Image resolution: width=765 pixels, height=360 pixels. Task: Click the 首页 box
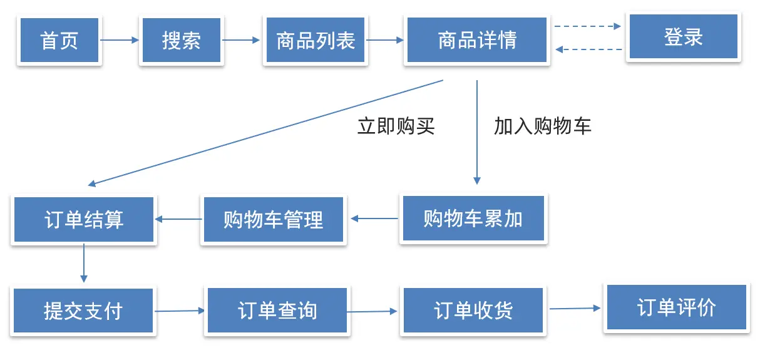point(59,40)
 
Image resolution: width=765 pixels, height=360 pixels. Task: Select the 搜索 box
point(182,40)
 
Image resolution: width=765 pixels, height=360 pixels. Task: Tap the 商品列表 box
point(315,40)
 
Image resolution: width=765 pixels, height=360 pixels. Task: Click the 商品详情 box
point(478,40)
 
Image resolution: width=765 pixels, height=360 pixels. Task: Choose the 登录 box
point(684,37)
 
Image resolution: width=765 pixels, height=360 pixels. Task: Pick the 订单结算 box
point(83,220)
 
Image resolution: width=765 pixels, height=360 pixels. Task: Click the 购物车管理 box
point(273,220)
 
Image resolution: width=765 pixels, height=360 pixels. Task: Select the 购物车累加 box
point(473,219)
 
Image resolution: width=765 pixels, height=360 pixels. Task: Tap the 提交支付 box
point(83,311)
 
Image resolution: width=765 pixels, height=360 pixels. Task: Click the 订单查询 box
point(277,311)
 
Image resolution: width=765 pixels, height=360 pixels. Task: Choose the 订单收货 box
point(473,311)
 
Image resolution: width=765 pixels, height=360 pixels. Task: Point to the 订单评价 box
point(676,307)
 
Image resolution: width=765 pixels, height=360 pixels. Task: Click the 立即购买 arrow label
point(396,126)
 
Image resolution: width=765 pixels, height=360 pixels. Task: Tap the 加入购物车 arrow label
point(542,126)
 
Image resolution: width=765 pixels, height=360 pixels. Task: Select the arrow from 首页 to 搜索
point(120,40)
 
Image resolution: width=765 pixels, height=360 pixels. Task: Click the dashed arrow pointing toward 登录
point(587,26)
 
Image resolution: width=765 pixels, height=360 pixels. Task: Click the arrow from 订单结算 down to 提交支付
point(83,263)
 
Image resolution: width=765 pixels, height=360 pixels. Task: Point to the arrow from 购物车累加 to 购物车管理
point(374,219)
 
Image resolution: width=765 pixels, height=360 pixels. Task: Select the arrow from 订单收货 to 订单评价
point(575,308)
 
